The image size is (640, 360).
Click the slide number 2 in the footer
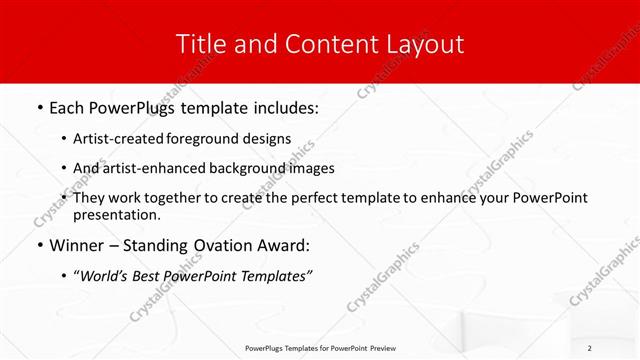click(x=589, y=348)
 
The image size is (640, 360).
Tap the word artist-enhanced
click(x=142, y=168)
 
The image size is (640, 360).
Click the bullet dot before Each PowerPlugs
click(x=38, y=107)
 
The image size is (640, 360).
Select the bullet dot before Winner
click(x=38, y=246)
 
